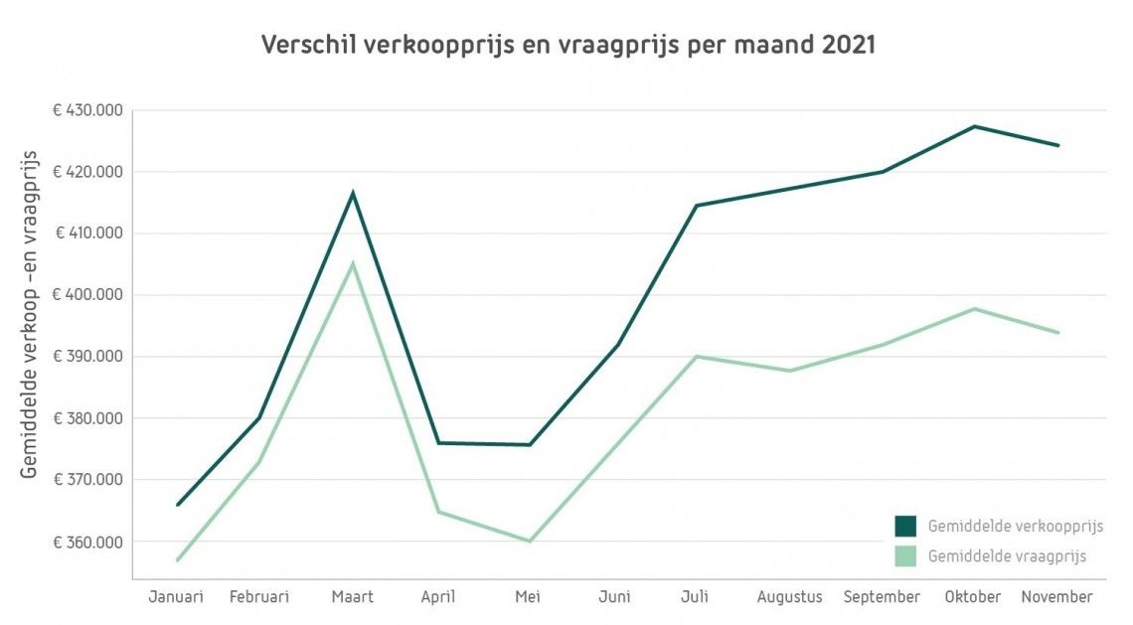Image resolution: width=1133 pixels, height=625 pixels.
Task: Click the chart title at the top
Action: tap(567, 45)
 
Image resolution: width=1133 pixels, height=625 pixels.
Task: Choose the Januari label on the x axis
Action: tap(176, 597)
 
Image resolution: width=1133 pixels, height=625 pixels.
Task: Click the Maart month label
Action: tap(352, 597)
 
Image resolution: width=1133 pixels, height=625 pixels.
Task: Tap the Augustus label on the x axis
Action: tap(790, 597)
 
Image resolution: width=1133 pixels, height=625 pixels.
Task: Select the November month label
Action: tap(1056, 597)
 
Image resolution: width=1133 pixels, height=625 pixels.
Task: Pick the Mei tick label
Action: tap(528, 597)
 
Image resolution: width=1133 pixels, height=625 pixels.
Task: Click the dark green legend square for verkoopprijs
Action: tap(905, 526)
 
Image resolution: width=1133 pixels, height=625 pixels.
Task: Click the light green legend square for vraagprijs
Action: tap(905, 556)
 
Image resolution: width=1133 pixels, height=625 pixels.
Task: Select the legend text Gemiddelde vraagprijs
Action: tap(1007, 556)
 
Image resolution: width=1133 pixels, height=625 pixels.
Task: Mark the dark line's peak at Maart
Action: tap(352, 193)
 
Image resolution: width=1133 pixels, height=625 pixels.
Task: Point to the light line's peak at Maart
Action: tap(352, 263)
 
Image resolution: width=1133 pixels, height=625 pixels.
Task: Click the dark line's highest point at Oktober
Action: tap(975, 126)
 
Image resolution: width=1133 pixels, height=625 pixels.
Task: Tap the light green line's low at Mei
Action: tap(529, 542)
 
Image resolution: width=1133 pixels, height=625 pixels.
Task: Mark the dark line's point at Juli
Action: tap(696, 206)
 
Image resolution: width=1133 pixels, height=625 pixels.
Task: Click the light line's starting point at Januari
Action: tap(177, 560)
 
